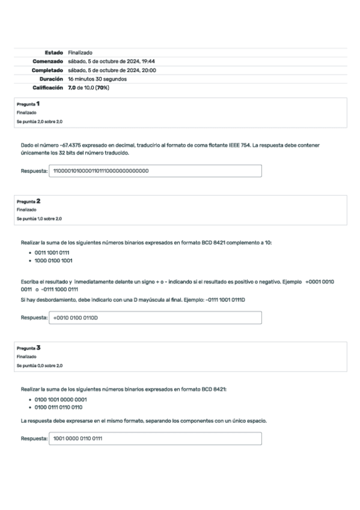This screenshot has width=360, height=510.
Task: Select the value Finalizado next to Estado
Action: tap(80, 53)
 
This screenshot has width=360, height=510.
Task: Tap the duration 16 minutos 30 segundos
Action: tap(97, 79)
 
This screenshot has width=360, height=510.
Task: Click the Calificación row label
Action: tap(47, 88)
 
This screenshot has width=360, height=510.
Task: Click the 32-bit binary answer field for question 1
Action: tap(155, 171)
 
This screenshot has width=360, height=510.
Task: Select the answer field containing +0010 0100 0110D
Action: tap(155, 318)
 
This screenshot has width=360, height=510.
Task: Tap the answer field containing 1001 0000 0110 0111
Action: tap(155, 438)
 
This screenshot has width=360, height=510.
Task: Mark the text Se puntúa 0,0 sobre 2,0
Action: tap(39, 366)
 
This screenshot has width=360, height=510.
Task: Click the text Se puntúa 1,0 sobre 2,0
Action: tap(39, 219)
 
